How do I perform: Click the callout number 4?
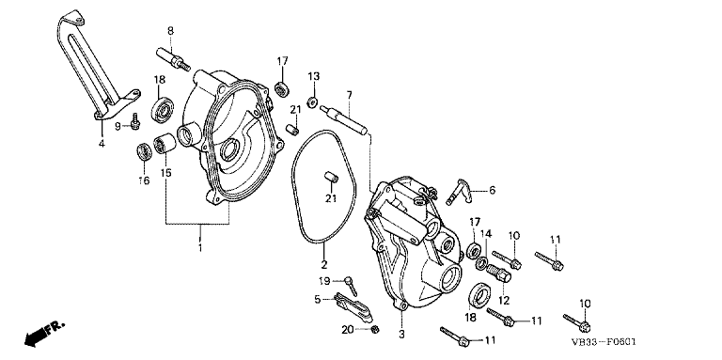(x=102, y=143)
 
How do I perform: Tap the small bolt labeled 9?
(x=135, y=121)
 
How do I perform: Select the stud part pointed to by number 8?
(x=173, y=59)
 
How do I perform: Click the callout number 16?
(x=144, y=180)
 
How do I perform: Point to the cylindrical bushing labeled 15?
(x=165, y=144)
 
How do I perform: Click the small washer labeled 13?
(x=313, y=102)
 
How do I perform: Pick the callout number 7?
(x=350, y=95)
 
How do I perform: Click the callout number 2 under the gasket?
(x=323, y=265)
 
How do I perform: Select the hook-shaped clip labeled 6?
(x=461, y=191)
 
